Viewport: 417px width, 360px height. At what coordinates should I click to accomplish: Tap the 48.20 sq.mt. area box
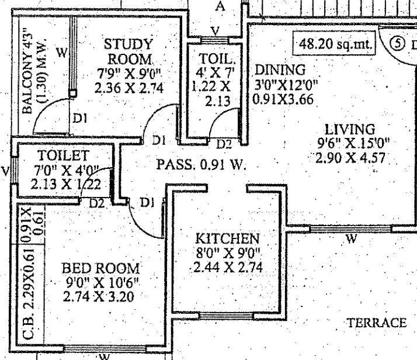[335, 44]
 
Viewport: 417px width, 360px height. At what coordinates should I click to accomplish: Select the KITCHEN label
[227, 238]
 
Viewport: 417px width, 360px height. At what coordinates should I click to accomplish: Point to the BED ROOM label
[101, 269]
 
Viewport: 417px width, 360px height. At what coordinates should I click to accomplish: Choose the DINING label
[280, 70]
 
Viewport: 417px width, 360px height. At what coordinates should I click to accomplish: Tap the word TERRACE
[376, 323]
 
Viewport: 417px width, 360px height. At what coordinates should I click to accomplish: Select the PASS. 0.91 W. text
[201, 165]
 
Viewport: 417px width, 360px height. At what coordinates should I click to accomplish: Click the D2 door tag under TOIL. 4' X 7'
[224, 143]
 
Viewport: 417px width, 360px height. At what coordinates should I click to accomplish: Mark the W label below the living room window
[351, 238]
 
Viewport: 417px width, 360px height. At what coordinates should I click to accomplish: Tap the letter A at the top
[220, 6]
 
